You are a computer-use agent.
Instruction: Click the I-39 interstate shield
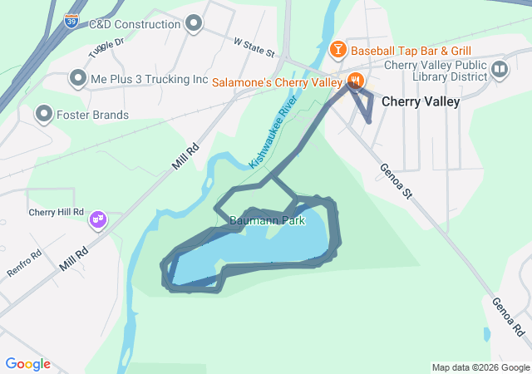(71, 21)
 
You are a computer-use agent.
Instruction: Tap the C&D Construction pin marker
(195, 23)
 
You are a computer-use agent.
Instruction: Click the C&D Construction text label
(134, 24)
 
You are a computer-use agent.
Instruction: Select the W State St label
(254, 47)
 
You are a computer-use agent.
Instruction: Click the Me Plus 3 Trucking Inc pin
(78, 79)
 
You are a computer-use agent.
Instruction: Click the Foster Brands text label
(92, 115)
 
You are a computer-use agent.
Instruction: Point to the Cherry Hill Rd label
(57, 212)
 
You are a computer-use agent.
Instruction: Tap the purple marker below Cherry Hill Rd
(99, 219)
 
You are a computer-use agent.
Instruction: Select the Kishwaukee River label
(273, 136)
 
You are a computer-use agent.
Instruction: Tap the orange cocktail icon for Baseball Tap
(337, 51)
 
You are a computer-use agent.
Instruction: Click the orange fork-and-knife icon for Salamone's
(356, 81)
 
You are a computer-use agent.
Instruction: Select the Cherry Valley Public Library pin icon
(500, 70)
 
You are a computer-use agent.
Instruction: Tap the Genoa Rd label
(507, 317)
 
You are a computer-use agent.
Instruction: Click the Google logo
(27, 364)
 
